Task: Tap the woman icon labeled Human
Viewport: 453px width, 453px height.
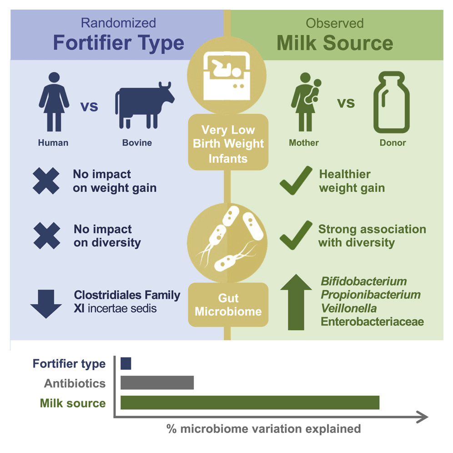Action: (54, 102)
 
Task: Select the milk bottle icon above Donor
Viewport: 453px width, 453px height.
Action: (392, 102)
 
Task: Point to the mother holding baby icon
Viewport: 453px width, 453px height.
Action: (306, 102)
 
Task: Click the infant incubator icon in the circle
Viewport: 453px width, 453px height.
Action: (227, 75)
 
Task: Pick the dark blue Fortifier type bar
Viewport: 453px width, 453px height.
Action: (126, 363)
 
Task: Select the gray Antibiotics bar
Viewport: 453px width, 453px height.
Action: (157, 383)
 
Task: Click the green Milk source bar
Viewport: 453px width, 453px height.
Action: (250, 403)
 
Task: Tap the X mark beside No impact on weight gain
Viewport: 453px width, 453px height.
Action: (46, 181)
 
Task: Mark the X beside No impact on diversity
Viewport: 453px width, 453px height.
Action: (47, 236)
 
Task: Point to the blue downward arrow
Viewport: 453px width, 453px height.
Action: (46, 304)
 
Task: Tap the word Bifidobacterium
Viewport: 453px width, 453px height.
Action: (364, 282)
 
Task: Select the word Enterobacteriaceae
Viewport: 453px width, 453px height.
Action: (372, 322)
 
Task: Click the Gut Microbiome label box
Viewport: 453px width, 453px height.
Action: (228, 305)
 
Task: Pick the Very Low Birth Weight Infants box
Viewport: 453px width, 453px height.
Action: (228, 142)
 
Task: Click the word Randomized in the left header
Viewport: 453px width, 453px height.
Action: (118, 23)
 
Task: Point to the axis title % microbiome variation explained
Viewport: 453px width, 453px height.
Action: (264, 429)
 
